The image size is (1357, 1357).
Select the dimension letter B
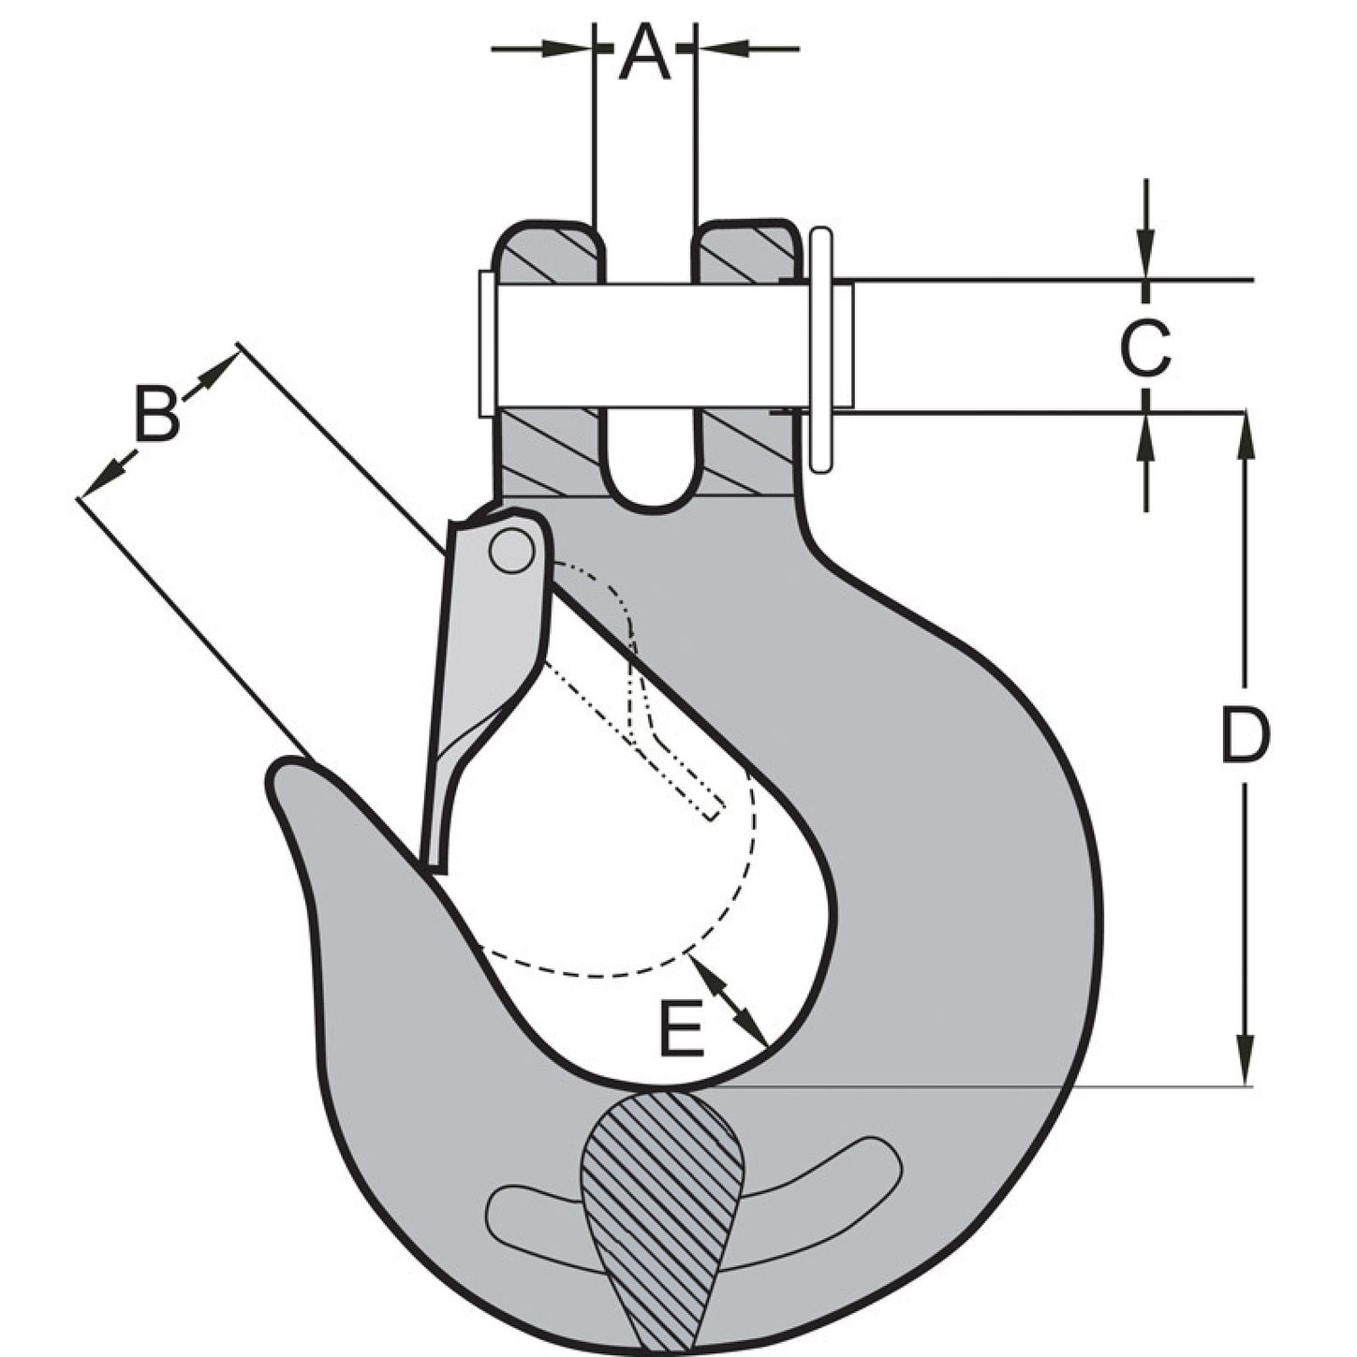click(156, 414)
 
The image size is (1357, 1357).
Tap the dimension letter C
click(1144, 347)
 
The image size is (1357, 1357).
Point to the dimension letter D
click(1245, 736)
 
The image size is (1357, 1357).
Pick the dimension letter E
click(681, 1029)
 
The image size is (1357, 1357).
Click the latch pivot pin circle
click(510, 551)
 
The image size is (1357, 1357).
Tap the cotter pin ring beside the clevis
click(820, 348)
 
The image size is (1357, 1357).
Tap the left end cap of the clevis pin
click(486, 344)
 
